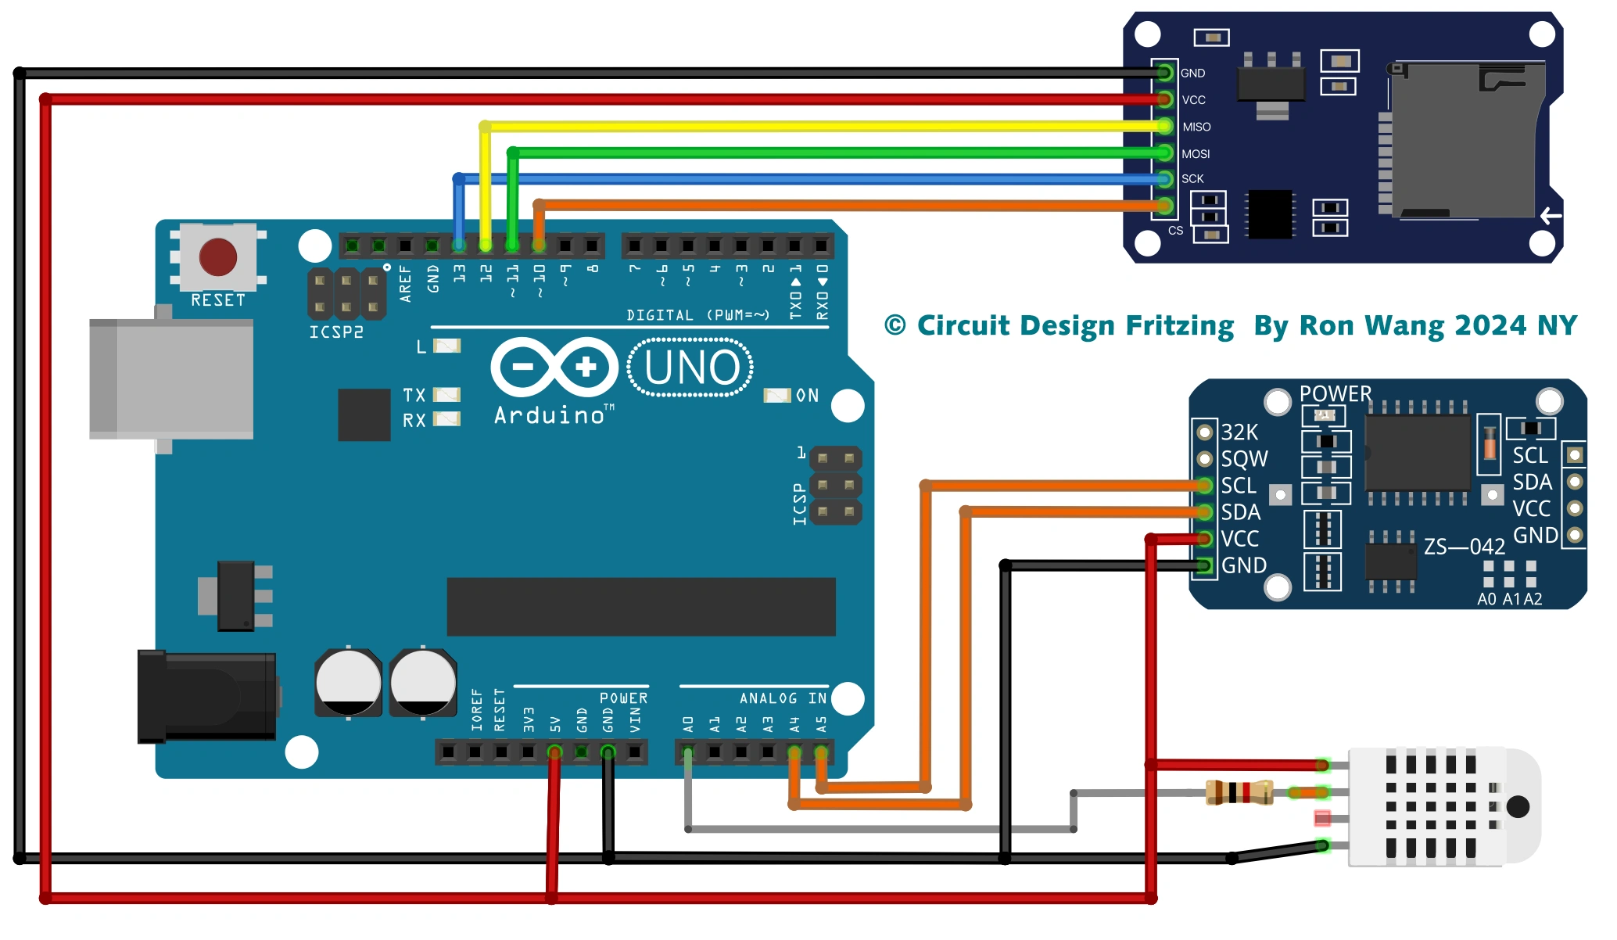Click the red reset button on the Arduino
[217, 257]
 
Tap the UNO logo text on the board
[691, 368]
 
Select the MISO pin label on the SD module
[1196, 127]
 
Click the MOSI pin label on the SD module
[1196, 154]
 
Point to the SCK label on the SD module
[1192, 179]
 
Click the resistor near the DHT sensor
[1239, 792]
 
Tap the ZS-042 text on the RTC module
[1464, 547]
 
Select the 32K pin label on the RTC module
[1239, 432]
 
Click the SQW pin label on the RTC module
[1244, 459]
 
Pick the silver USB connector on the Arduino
[172, 379]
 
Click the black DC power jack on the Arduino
[206, 696]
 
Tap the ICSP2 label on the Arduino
[336, 332]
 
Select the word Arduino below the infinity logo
[550, 415]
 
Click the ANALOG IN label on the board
[783, 698]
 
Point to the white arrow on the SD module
[1551, 216]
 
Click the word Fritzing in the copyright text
[1179, 326]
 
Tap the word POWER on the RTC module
[1335, 393]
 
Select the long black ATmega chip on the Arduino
[641, 606]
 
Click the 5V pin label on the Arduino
[555, 724]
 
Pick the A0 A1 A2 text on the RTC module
[1509, 599]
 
